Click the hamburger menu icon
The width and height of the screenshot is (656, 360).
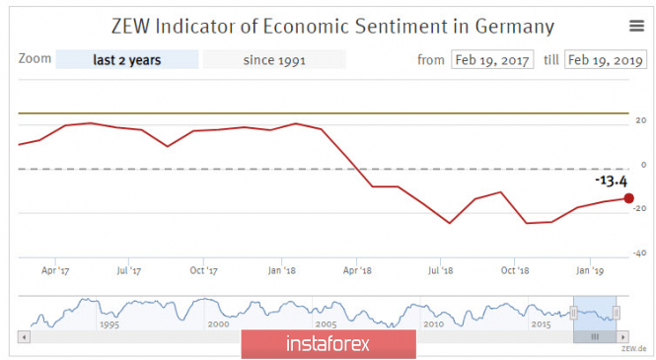tap(636, 26)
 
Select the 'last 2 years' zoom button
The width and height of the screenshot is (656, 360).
tap(127, 59)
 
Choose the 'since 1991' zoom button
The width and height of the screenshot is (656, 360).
tap(274, 59)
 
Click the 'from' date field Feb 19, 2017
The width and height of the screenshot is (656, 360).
tap(492, 59)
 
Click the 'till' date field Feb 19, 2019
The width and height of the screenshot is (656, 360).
tap(606, 59)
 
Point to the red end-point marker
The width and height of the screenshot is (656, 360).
tap(628, 198)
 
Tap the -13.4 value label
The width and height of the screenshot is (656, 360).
tap(611, 181)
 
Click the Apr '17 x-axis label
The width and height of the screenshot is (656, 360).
tap(55, 270)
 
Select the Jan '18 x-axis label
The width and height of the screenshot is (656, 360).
tap(281, 270)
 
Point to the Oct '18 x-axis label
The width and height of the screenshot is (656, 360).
tap(515, 270)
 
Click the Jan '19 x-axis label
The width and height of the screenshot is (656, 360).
tap(590, 270)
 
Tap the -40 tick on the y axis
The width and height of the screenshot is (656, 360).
tap(639, 252)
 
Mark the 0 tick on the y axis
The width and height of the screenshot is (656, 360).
tap(644, 165)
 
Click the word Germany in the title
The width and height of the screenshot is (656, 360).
tap(514, 27)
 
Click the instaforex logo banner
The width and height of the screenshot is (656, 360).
tap(328, 343)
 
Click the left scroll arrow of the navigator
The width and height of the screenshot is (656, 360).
tap(24, 336)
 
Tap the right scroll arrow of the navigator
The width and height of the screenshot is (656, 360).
tap(622, 336)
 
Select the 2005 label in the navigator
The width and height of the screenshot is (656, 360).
tap(326, 324)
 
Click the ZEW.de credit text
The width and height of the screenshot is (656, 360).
tap(633, 348)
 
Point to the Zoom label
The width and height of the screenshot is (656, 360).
tap(35, 58)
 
